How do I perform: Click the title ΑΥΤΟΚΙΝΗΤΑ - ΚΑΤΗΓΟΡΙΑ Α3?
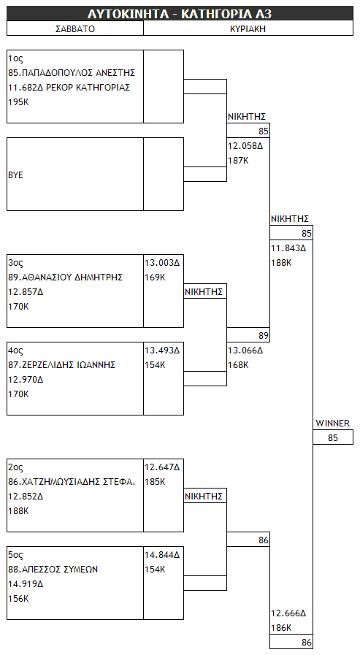[x=180, y=14]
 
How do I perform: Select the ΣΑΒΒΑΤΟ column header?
[x=75, y=28]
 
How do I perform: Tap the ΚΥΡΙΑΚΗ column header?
[x=248, y=28]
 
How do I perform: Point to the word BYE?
[x=15, y=175]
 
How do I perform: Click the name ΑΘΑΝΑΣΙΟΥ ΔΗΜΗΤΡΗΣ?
[x=72, y=277]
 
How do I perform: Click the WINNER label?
[x=333, y=424]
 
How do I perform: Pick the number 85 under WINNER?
[x=333, y=438]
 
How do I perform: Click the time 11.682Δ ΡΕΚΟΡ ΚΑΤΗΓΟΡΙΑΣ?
[x=69, y=88]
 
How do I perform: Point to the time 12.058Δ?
[x=245, y=146]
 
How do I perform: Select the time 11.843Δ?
[x=288, y=248]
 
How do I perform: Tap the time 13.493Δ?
[x=162, y=351]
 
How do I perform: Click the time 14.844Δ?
[x=162, y=555]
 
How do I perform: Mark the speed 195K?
[x=18, y=102]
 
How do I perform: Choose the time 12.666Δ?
[x=288, y=613]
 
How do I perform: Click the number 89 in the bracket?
[x=263, y=335]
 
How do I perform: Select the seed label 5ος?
[x=15, y=555]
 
